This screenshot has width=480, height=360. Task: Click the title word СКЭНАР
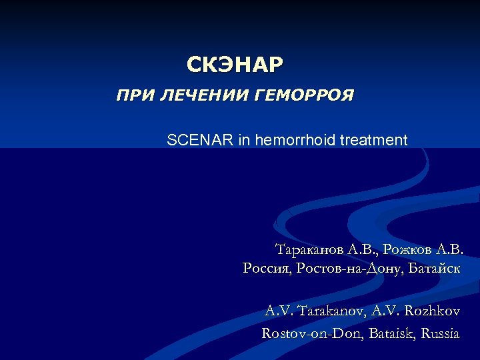235,65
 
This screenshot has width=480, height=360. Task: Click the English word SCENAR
199,141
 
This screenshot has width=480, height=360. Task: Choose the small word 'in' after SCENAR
242,141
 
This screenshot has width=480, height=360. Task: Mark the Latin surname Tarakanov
329,311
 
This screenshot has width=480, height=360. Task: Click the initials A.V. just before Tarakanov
279,311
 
